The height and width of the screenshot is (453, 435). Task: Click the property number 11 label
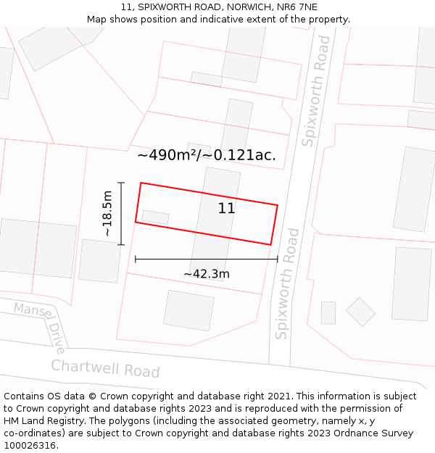[226, 209]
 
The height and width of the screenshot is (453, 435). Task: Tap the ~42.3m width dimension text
[206, 274]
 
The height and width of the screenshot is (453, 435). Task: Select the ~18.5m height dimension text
[107, 213]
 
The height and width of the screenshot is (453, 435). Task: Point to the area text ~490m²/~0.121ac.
[207, 155]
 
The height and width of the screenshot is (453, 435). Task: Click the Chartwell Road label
[105, 368]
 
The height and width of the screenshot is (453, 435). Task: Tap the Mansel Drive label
[40, 326]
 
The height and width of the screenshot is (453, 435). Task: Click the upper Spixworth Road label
[317, 91]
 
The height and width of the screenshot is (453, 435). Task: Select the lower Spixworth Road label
[287, 283]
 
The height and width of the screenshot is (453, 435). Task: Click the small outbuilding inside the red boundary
[155, 217]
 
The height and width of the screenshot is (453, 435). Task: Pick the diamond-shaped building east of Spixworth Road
[360, 312]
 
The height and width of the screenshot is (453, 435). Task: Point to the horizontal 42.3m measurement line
[206, 259]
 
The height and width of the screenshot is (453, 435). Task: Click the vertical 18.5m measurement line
[121, 213]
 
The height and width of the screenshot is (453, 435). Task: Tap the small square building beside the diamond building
[328, 312]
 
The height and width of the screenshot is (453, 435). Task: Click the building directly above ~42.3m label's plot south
[188, 310]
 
